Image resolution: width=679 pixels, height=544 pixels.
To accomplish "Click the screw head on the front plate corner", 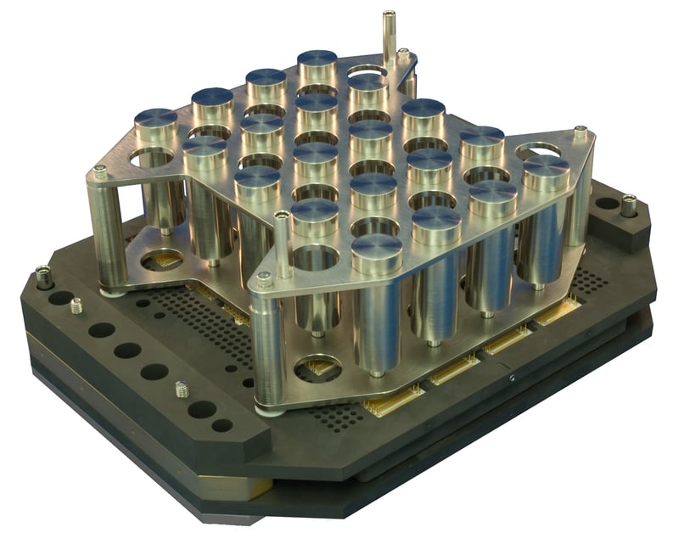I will (265, 279).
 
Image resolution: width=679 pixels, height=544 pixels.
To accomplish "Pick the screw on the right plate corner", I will (581, 133).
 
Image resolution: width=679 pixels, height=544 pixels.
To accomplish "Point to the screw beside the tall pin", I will (403, 55).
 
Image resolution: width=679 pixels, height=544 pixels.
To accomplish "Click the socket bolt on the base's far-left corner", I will (42, 275).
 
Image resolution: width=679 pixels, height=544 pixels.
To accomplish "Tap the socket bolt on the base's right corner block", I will (628, 205).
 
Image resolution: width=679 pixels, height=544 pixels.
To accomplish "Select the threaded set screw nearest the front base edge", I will (180, 389).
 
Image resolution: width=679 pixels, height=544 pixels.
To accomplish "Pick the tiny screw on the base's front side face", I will (512, 379).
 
